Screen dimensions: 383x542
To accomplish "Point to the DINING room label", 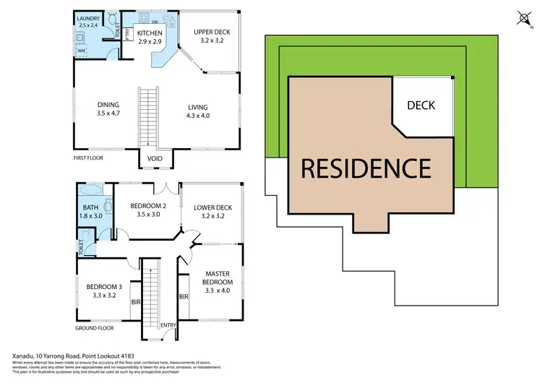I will click(108, 105).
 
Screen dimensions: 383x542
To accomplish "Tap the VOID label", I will click(155, 158).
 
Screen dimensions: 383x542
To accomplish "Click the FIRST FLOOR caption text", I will click(90, 157).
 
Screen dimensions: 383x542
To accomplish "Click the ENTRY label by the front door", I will click(168, 324).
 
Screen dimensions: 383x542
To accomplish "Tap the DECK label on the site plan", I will click(421, 106).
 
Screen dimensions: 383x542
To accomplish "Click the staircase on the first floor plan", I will click(148, 116).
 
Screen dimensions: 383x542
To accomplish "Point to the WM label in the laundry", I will click(82, 51).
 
